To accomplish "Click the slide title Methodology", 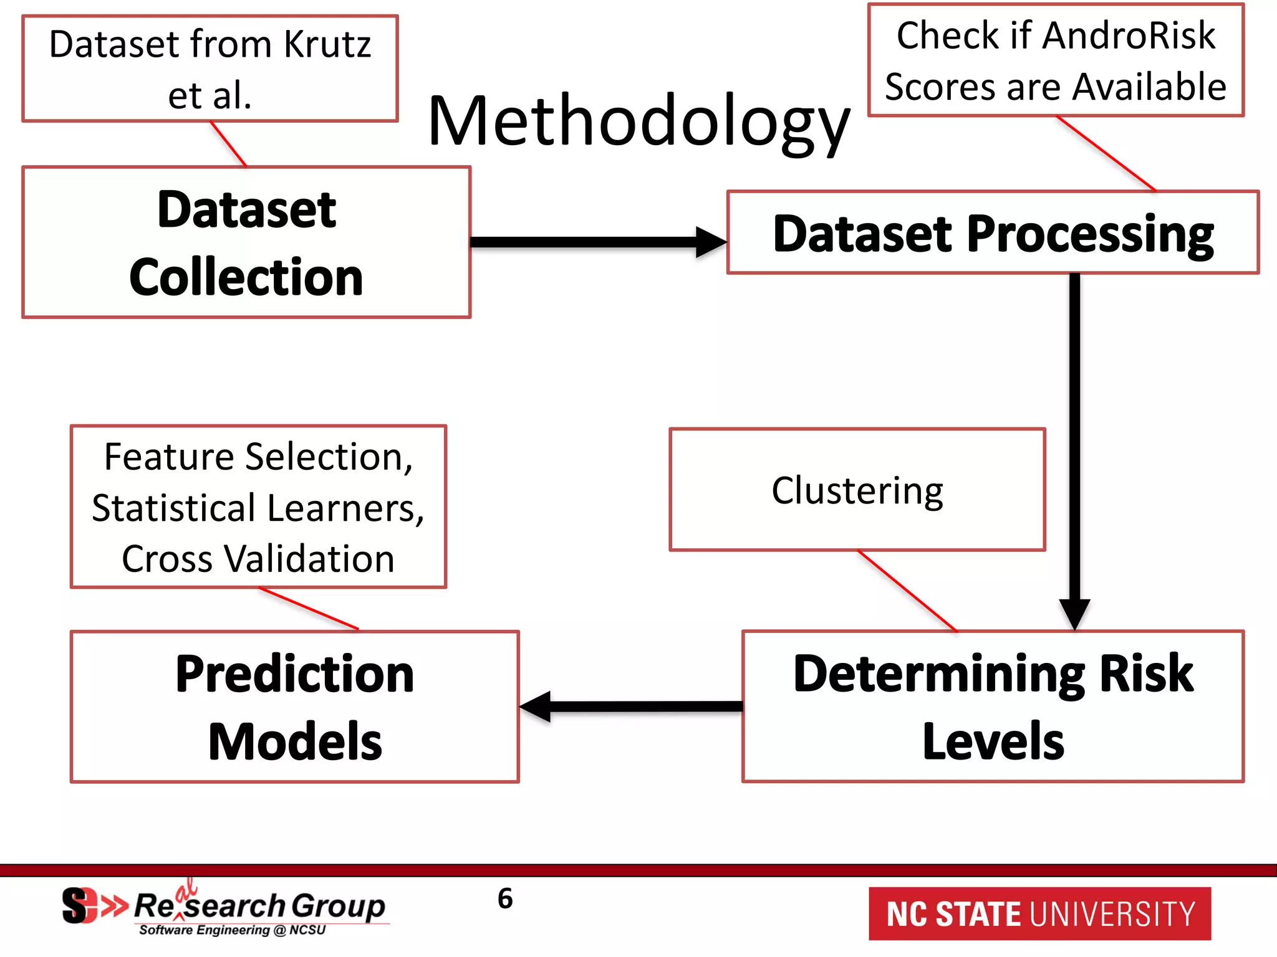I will tap(638, 121).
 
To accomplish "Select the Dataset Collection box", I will tap(246, 243).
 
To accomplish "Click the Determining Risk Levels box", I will tap(993, 707).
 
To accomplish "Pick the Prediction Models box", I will tap(294, 707).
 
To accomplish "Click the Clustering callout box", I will tap(857, 490).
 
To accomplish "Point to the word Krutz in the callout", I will tap(327, 45).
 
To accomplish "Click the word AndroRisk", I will tap(1129, 36).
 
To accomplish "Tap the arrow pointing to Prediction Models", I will tap(630, 707).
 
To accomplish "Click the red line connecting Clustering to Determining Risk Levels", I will tap(907, 591).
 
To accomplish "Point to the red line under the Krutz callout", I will tap(228, 144).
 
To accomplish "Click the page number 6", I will tap(505, 898).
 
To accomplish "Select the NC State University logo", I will tap(1039, 914).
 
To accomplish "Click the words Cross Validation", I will tap(258, 559).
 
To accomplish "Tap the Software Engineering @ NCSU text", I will tap(232, 930).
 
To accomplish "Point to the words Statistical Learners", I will tap(258, 508).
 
